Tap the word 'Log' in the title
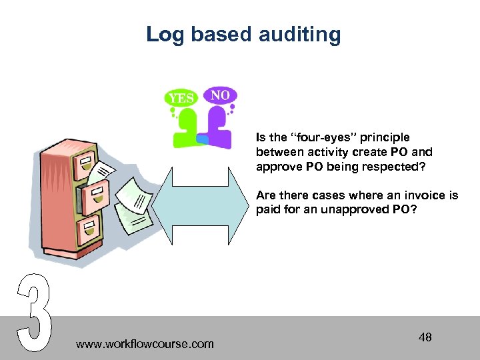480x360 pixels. tap(163, 34)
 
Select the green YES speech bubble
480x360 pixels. tap(181, 99)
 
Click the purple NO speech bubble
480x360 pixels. tap(220, 95)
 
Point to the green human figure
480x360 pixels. tap(187, 131)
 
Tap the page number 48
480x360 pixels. tap(425, 337)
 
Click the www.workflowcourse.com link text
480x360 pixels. tap(145, 344)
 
